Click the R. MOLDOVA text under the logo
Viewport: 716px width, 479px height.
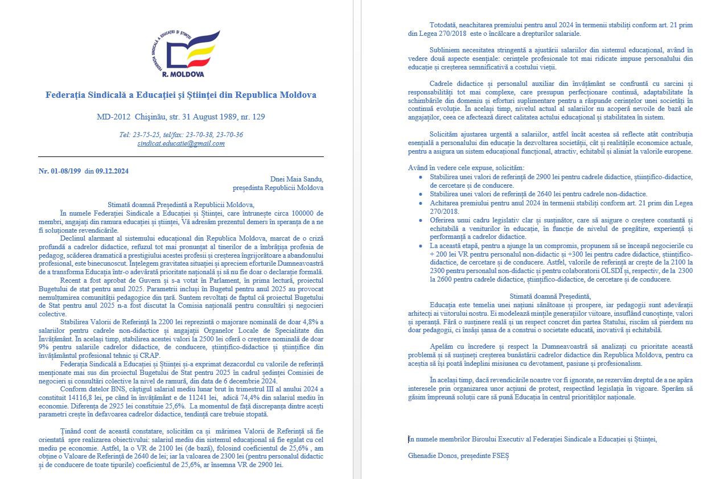(183, 74)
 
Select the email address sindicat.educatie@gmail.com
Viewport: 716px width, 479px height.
(181, 143)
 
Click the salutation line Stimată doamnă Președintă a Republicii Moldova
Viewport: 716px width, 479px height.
(181, 205)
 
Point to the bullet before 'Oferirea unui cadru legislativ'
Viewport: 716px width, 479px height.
(420, 220)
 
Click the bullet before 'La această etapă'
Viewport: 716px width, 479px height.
(420, 246)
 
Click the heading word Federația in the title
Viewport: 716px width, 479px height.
(65, 95)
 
